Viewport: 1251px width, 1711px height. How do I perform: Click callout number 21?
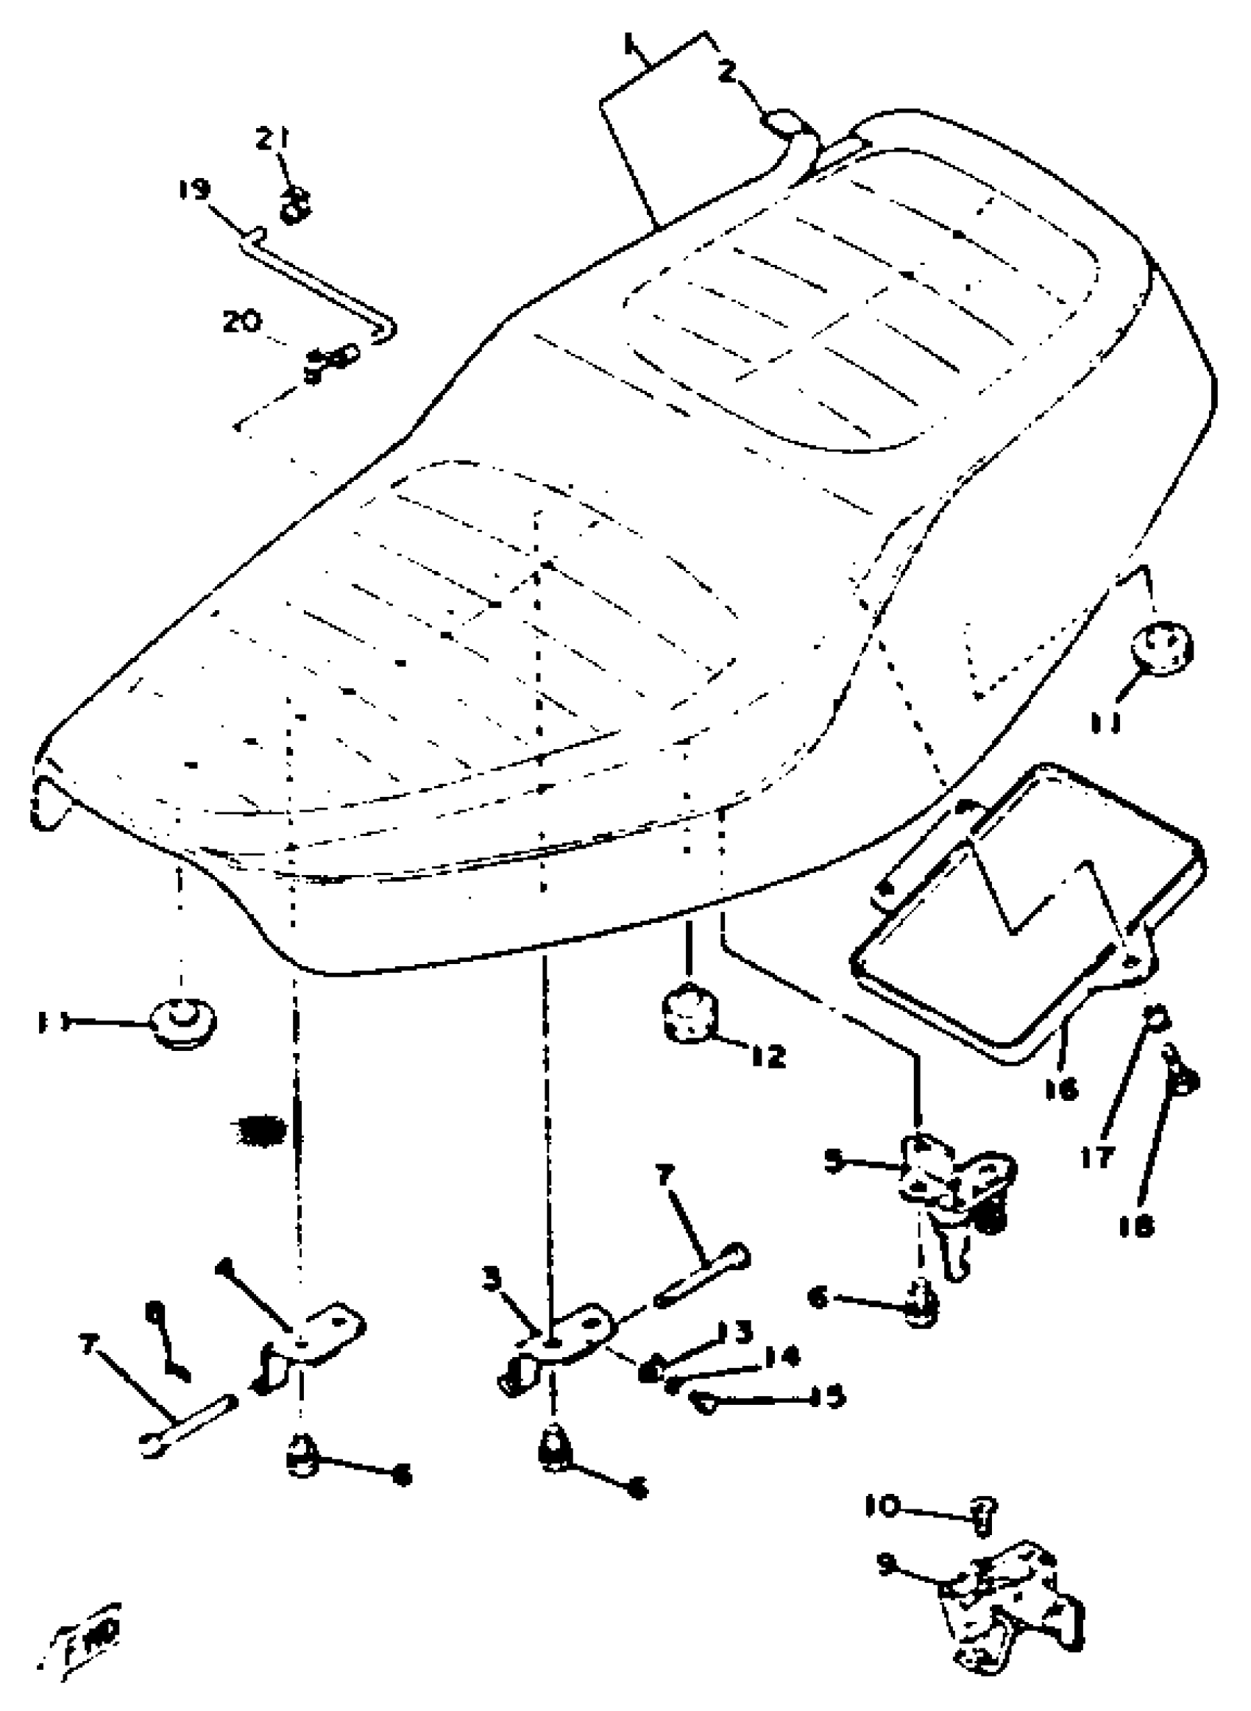pos(272,139)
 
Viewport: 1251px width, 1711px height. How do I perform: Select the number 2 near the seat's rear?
pos(726,73)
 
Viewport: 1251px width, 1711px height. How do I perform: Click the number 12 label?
pos(768,1056)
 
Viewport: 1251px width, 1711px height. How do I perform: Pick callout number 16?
pos(1061,1089)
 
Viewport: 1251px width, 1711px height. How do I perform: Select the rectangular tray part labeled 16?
pos(1030,909)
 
